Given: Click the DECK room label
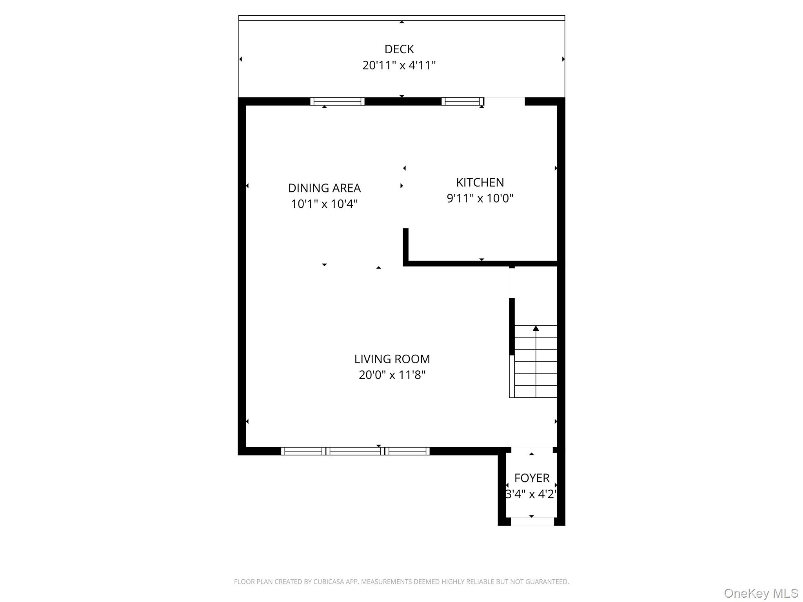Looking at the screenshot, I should (x=399, y=49).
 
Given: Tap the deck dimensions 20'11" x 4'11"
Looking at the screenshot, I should (x=399, y=65).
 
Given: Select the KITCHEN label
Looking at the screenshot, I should (x=480, y=183).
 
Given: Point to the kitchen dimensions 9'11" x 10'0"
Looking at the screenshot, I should (x=480, y=199).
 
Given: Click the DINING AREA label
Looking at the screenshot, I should (x=324, y=189).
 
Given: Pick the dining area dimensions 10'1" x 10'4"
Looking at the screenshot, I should (x=324, y=204).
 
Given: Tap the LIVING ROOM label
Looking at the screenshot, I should (x=392, y=359).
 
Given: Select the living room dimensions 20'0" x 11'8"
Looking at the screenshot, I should (x=392, y=375).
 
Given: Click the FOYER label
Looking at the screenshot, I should (x=532, y=478).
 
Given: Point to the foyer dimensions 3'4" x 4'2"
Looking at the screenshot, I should (x=532, y=494).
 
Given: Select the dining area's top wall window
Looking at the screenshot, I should (x=337, y=102).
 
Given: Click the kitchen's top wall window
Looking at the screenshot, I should (x=463, y=102).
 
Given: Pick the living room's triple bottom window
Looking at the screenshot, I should (x=355, y=451).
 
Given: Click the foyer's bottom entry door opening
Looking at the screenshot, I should (x=532, y=522).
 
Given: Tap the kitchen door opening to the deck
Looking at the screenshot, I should (x=505, y=101).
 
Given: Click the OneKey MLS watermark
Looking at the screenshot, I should (x=761, y=593).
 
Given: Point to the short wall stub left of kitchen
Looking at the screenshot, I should (x=406, y=245).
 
